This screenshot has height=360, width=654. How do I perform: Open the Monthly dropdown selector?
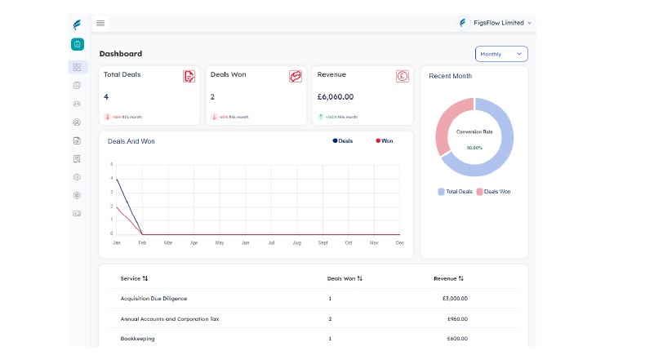point(501,54)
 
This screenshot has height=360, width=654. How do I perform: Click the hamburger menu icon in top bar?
point(100,23)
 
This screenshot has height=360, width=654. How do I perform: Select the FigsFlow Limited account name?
point(498,23)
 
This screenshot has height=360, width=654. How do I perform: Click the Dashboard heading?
point(121,54)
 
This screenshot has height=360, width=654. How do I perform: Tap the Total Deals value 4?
point(106,96)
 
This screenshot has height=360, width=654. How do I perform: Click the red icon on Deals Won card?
point(296,77)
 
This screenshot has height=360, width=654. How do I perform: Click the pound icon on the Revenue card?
point(402,77)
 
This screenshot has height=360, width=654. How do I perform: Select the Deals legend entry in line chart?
point(343,141)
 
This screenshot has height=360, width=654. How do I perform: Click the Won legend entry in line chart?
point(385,141)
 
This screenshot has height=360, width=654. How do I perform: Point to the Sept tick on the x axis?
point(323,243)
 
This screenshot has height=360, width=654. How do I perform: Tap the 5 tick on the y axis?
point(111,165)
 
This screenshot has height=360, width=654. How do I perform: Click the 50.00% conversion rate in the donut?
point(474,148)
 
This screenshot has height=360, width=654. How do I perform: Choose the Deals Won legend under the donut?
point(494,192)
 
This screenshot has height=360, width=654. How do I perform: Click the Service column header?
point(134,278)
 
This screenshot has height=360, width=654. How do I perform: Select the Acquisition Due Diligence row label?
point(159,298)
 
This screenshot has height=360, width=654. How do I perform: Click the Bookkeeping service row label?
point(137,338)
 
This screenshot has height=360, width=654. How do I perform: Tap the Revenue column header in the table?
point(448,278)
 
